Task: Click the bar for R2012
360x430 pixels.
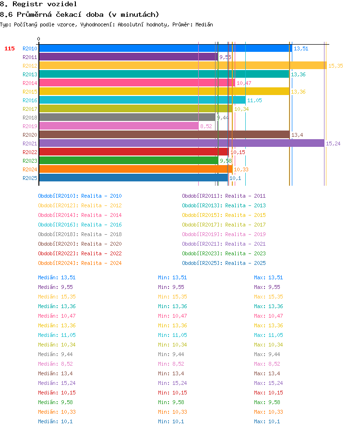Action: pos(183,66)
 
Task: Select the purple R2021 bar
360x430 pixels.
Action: pos(181,143)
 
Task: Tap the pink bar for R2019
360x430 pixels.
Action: pos(119,126)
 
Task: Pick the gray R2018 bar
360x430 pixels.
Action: pos(127,118)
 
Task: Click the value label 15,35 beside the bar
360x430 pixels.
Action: pos(336,66)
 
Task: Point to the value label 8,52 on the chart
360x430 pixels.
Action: pos(206,126)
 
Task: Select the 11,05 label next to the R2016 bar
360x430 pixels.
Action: pos(254,100)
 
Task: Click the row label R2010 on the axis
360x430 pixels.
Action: pos(30,48)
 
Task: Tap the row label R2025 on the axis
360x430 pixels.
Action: pos(30,178)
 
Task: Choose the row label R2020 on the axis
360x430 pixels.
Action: pos(30,135)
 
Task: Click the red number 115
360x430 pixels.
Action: pos(9,48)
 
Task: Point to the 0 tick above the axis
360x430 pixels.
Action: pos(39,39)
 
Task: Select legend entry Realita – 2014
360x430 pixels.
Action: pos(101,215)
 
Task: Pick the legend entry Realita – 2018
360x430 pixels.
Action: pos(101,234)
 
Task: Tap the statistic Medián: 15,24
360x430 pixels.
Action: pos(57,383)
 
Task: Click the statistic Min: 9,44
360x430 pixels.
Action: pos(171,354)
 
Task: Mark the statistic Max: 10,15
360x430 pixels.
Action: pos(268,393)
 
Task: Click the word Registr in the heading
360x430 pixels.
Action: pos(27,4)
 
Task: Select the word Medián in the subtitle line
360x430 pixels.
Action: pos(204,24)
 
